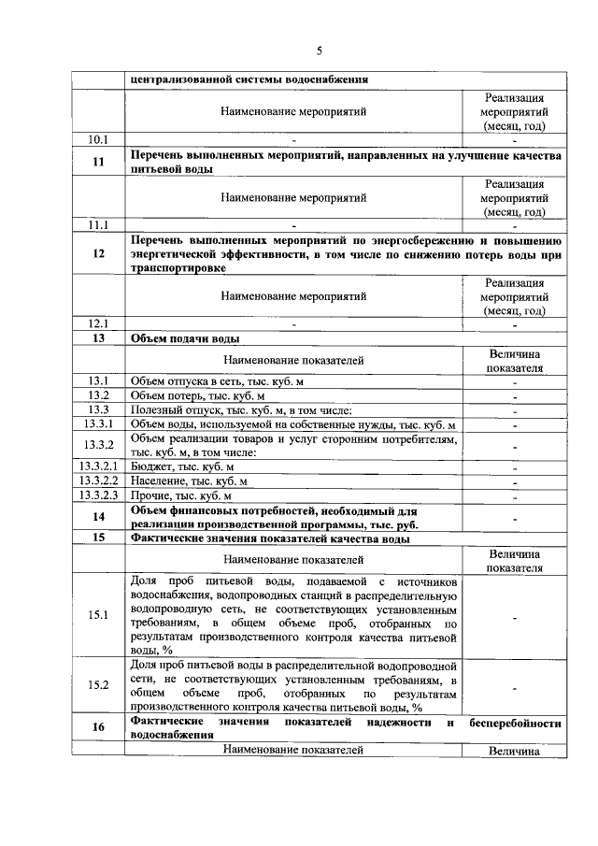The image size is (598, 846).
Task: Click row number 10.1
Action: click(x=98, y=140)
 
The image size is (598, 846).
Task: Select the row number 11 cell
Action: click(x=98, y=162)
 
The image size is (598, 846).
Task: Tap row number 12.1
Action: click(x=98, y=323)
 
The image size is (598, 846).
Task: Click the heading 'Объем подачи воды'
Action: click(x=185, y=338)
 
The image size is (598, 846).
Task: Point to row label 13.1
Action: click(x=98, y=380)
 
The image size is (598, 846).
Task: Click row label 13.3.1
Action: click(x=98, y=425)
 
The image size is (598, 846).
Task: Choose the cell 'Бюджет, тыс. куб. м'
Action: click(x=182, y=466)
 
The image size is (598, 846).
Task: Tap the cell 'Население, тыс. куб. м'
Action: click(x=189, y=480)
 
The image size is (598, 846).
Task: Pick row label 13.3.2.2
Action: click(x=98, y=480)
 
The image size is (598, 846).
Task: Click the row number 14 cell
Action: click(x=98, y=517)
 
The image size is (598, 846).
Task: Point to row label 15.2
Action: click(x=98, y=685)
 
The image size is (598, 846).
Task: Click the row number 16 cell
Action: click(x=98, y=727)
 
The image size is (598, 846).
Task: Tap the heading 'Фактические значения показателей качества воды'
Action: click(x=270, y=538)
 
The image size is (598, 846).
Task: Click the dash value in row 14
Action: click(x=514, y=517)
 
